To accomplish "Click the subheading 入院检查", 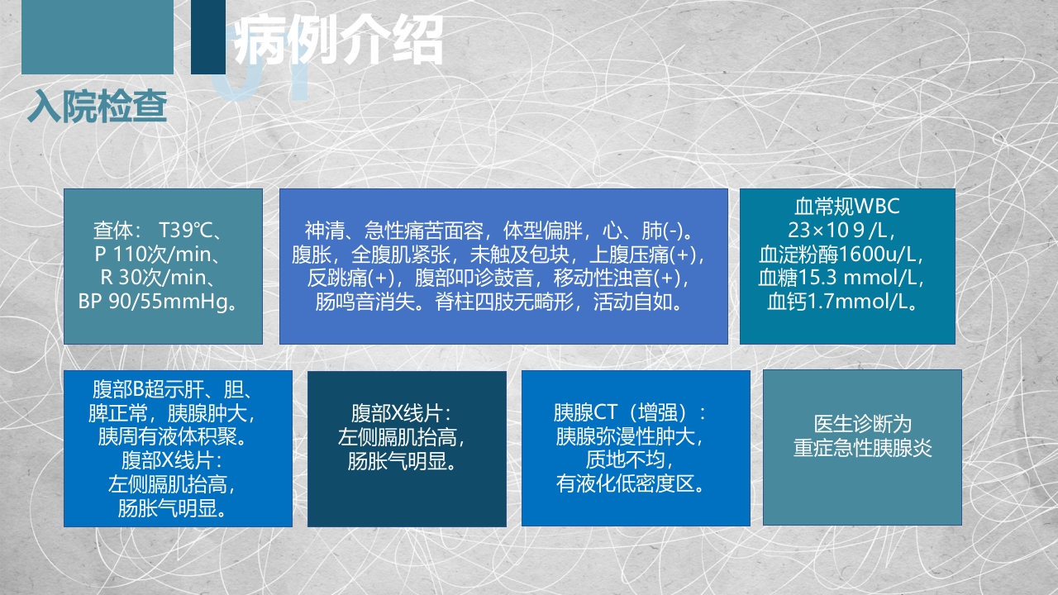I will tap(98, 107).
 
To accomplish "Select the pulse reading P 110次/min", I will tap(163, 254).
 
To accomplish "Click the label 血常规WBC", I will tap(846, 206).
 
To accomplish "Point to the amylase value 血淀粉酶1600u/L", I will tap(846, 254).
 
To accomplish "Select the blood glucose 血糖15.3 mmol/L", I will tap(846, 278).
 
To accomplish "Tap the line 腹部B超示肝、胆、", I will tap(178, 388).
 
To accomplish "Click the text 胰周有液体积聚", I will tap(178, 436).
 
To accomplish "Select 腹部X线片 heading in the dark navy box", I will tap(406, 412).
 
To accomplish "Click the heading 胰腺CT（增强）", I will tap(635, 412).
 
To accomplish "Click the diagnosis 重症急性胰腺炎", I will tap(862, 448).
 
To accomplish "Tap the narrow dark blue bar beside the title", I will tap(207, 36).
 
